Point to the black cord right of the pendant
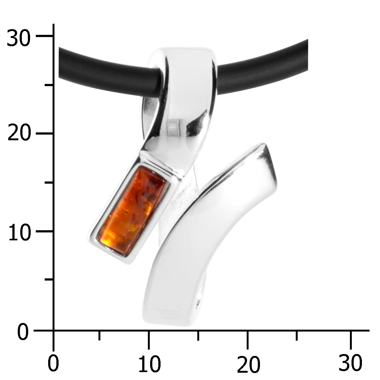coord(262,67)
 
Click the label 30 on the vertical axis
coord(19,37)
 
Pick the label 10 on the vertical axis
coord(20,231)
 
